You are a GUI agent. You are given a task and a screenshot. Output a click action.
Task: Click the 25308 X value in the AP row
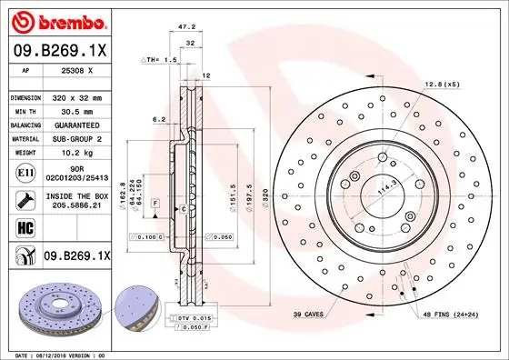[x=77, y=69]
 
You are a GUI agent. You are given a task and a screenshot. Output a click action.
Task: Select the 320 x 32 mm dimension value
[x=76, y=96]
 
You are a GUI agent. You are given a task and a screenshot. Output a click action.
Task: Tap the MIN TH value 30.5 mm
[x=76, y=110]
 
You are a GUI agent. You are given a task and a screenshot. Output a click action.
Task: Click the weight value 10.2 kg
[x=76, y=153]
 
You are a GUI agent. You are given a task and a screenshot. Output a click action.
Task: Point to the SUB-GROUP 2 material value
[x=77, y=138]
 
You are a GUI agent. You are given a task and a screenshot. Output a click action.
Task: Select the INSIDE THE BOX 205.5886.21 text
[x=77, y=200]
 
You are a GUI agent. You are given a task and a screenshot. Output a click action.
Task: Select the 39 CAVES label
[x=309, y=314]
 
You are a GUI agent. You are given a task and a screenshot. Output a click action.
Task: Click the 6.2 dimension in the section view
[x=159, y=119]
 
